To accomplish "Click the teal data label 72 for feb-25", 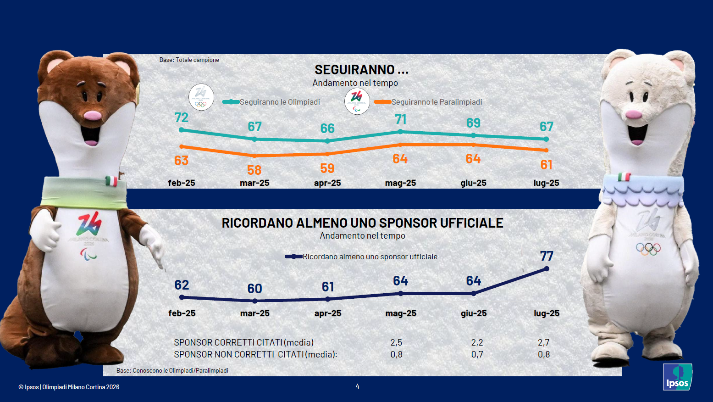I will click(182, 118).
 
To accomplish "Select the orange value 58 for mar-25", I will click(254, 170).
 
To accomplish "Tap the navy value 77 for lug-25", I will click(547, 256).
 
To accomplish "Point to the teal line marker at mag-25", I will click(400, 132).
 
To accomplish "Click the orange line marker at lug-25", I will click(546, 150).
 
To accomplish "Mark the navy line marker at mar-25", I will click(255, 301).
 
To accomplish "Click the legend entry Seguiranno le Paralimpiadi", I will click(436, 102).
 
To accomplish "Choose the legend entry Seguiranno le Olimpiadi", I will click(279, 102).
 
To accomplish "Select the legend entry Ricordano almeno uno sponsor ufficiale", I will click(370, 257).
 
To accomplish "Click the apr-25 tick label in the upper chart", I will click(327, 183).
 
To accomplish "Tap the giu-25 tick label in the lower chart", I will click(474, 313).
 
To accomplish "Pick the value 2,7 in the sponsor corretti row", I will click(543, 342).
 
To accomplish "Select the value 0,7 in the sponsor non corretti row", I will click(477, 354).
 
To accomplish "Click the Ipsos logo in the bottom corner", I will click(677, 377).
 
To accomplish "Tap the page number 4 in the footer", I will click(358, 386).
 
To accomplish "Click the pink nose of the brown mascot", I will click(93, 115).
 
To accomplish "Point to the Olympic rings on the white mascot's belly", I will click(648, 249).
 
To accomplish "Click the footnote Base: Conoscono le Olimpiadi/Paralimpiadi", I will click(172, 370).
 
